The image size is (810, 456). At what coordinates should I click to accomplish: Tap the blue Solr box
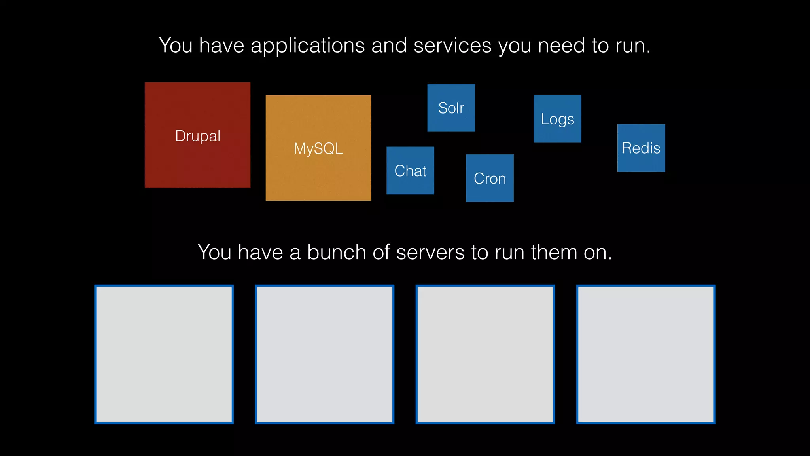coord(451,107)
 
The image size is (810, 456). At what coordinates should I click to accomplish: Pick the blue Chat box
coord(410,171)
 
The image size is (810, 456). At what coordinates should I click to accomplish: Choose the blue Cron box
coord(490,178)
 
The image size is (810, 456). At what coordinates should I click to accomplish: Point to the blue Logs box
coord(557,119)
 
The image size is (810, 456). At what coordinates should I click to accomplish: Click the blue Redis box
coord(641,148)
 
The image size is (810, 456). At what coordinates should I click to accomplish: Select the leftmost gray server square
coord(164,354)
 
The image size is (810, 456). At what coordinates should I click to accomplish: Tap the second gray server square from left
coord(325,354)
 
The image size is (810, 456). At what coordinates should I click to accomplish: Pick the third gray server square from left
coord(485,354)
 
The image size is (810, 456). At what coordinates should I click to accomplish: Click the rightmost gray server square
coord(646,354)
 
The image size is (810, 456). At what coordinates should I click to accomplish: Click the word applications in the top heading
coord(307,46)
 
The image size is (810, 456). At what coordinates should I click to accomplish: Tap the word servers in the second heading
coord(430,253)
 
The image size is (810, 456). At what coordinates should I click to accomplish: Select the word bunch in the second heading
coord(337,253)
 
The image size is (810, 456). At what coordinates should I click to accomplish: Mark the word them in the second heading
coord(554,253)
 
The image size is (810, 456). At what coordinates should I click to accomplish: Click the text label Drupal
coord(197,136)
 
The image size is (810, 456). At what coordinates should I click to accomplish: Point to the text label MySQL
coord(318,149)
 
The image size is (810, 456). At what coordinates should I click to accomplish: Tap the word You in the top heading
coord(176,46)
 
